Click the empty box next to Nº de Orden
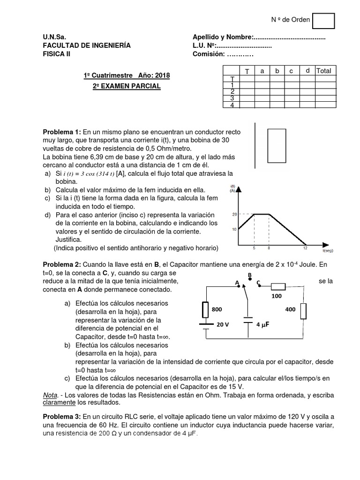click(323, 21)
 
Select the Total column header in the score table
click(324, 71)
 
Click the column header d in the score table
click(307, 71)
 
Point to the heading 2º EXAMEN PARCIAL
click(126, 86)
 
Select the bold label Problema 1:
click(62, 133)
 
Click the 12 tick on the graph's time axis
click(305, 248)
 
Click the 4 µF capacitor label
click(265, 324)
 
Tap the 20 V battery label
click(223, 324)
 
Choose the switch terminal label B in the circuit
click(250, 275)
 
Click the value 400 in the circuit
click(290, 310)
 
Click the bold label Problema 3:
click(62, 416)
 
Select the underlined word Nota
click(50, 395)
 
